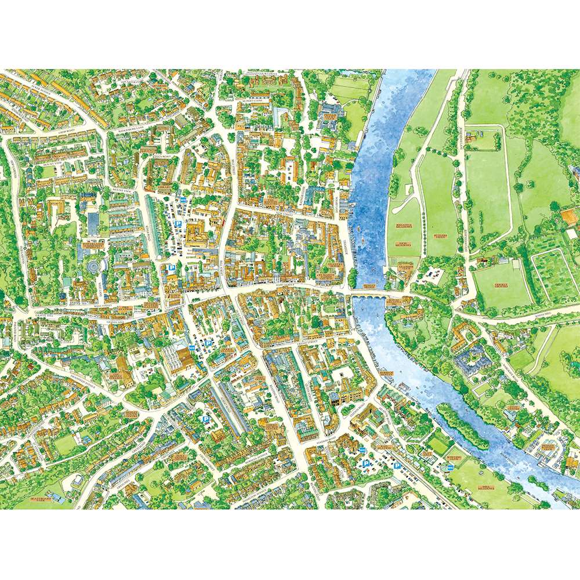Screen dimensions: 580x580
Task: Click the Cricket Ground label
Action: pyautogui.click(x=501, y=285)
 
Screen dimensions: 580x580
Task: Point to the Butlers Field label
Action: pyautogui.click(x=441, y=236)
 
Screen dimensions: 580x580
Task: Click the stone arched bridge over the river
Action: pyautogui.click(x=371, y=296)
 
